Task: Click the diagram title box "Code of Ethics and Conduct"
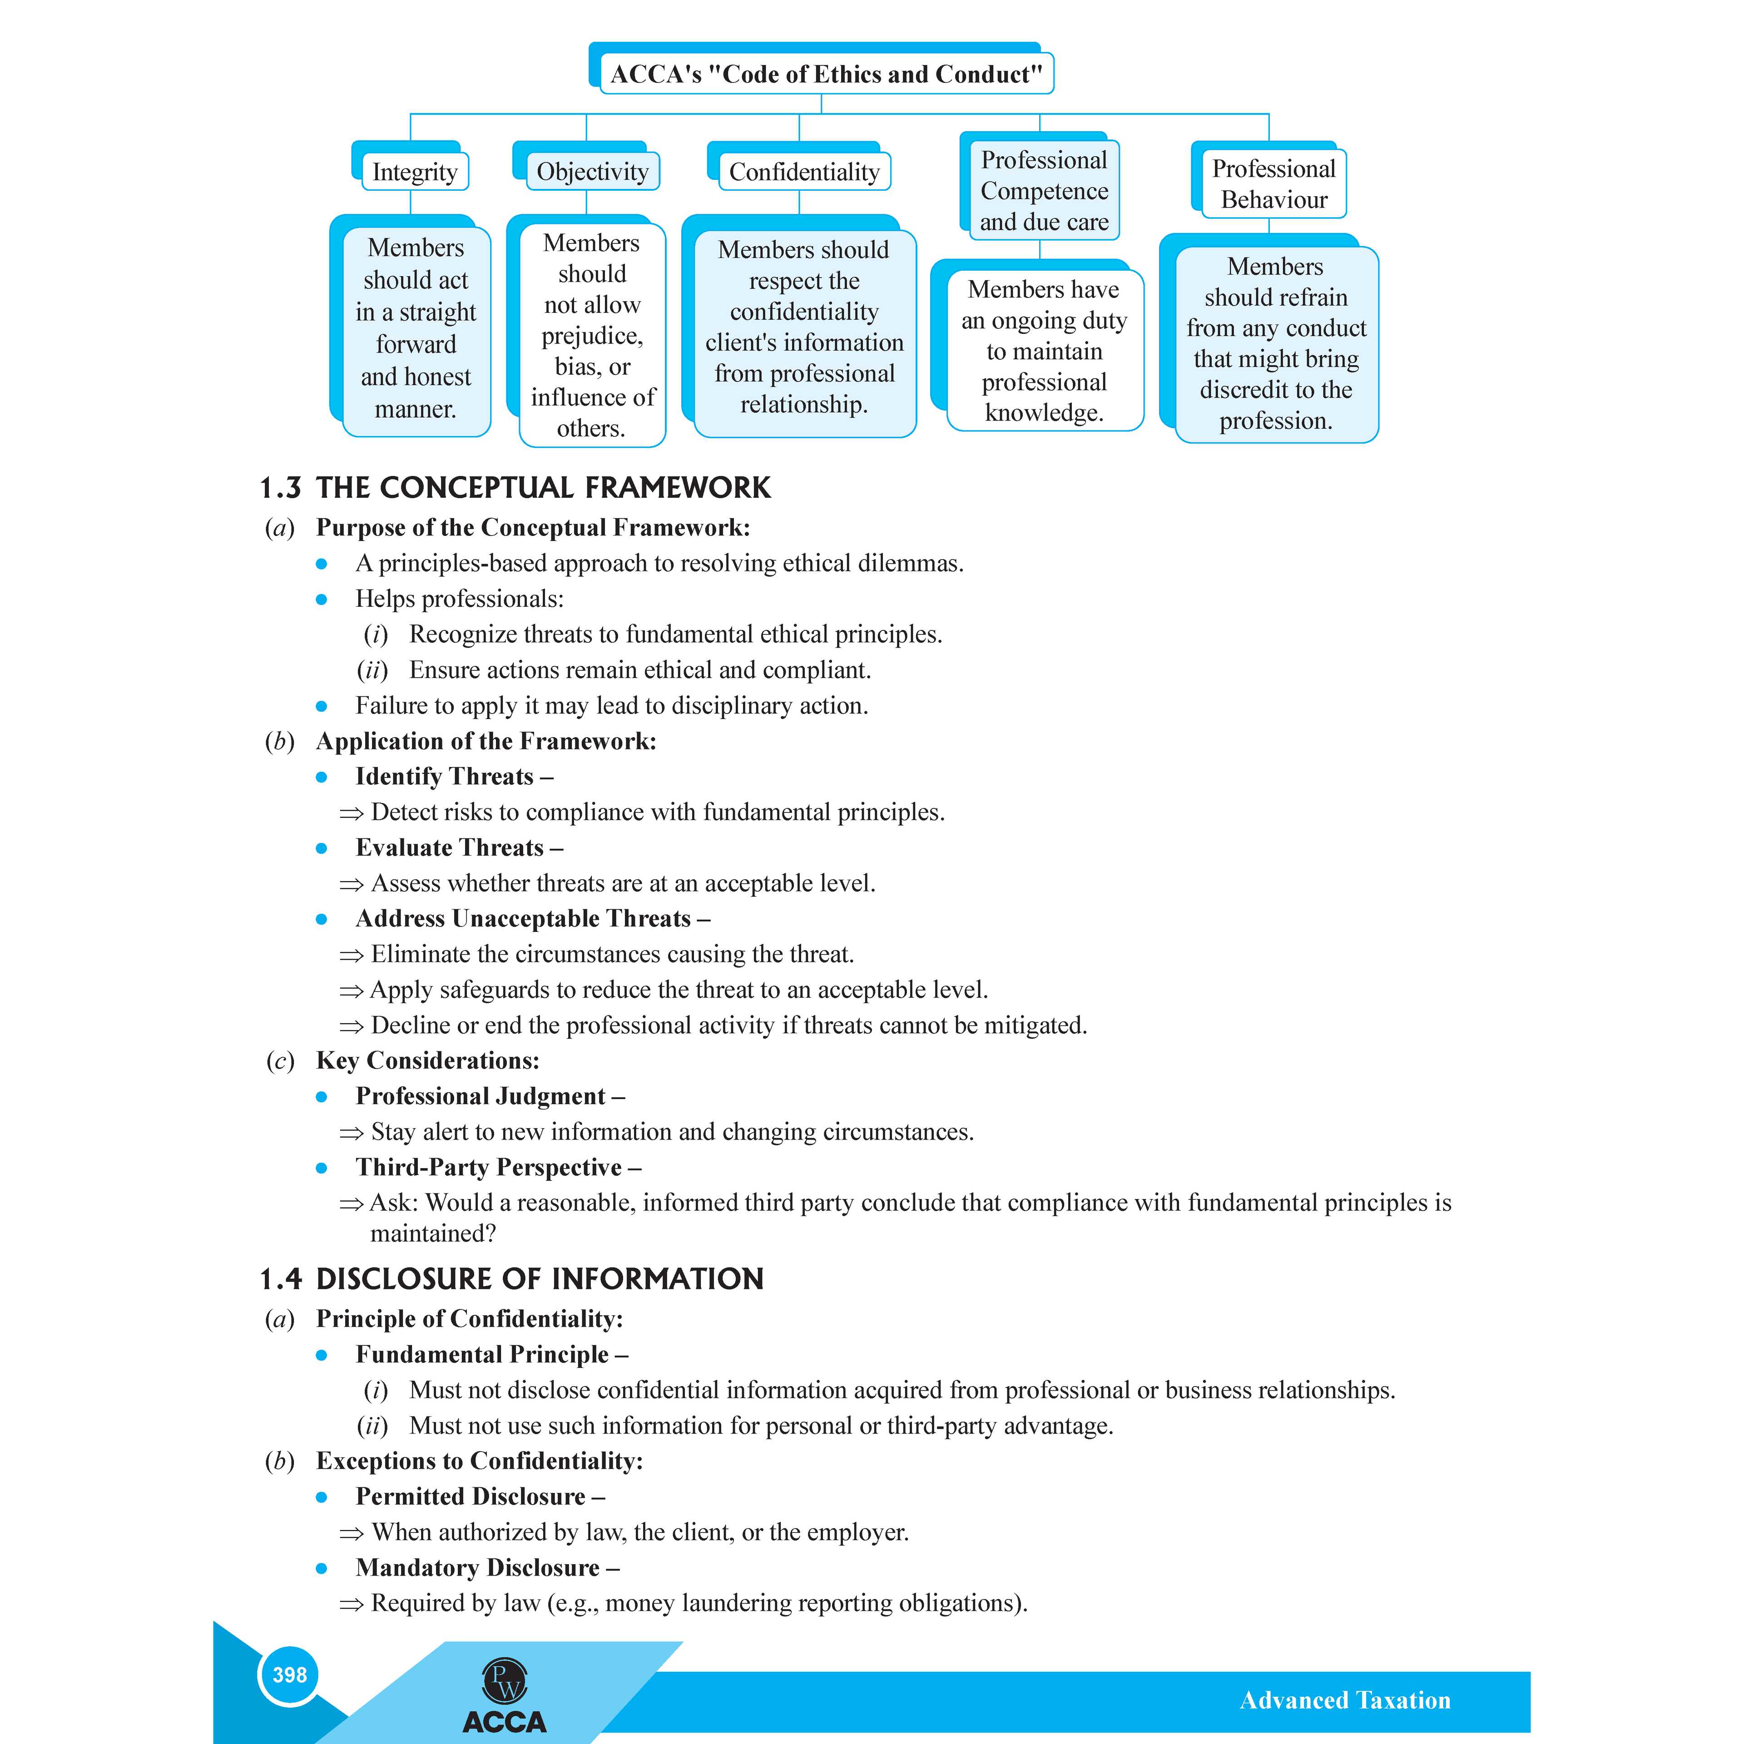[x=825, y=74]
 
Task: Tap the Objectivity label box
[x=592, y=172]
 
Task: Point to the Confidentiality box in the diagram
[x=803, y=172]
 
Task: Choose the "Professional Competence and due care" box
[x=1044, y=190]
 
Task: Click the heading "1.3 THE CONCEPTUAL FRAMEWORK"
[x=515, y=487]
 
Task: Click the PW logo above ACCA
[x=505, y=1681]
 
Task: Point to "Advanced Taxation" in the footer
[x=1344, y=1701]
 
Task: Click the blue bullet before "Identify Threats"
[x=322, y=777]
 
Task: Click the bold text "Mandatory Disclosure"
[x=477, y=1568]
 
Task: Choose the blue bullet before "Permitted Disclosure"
[x=322, y=1497]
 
